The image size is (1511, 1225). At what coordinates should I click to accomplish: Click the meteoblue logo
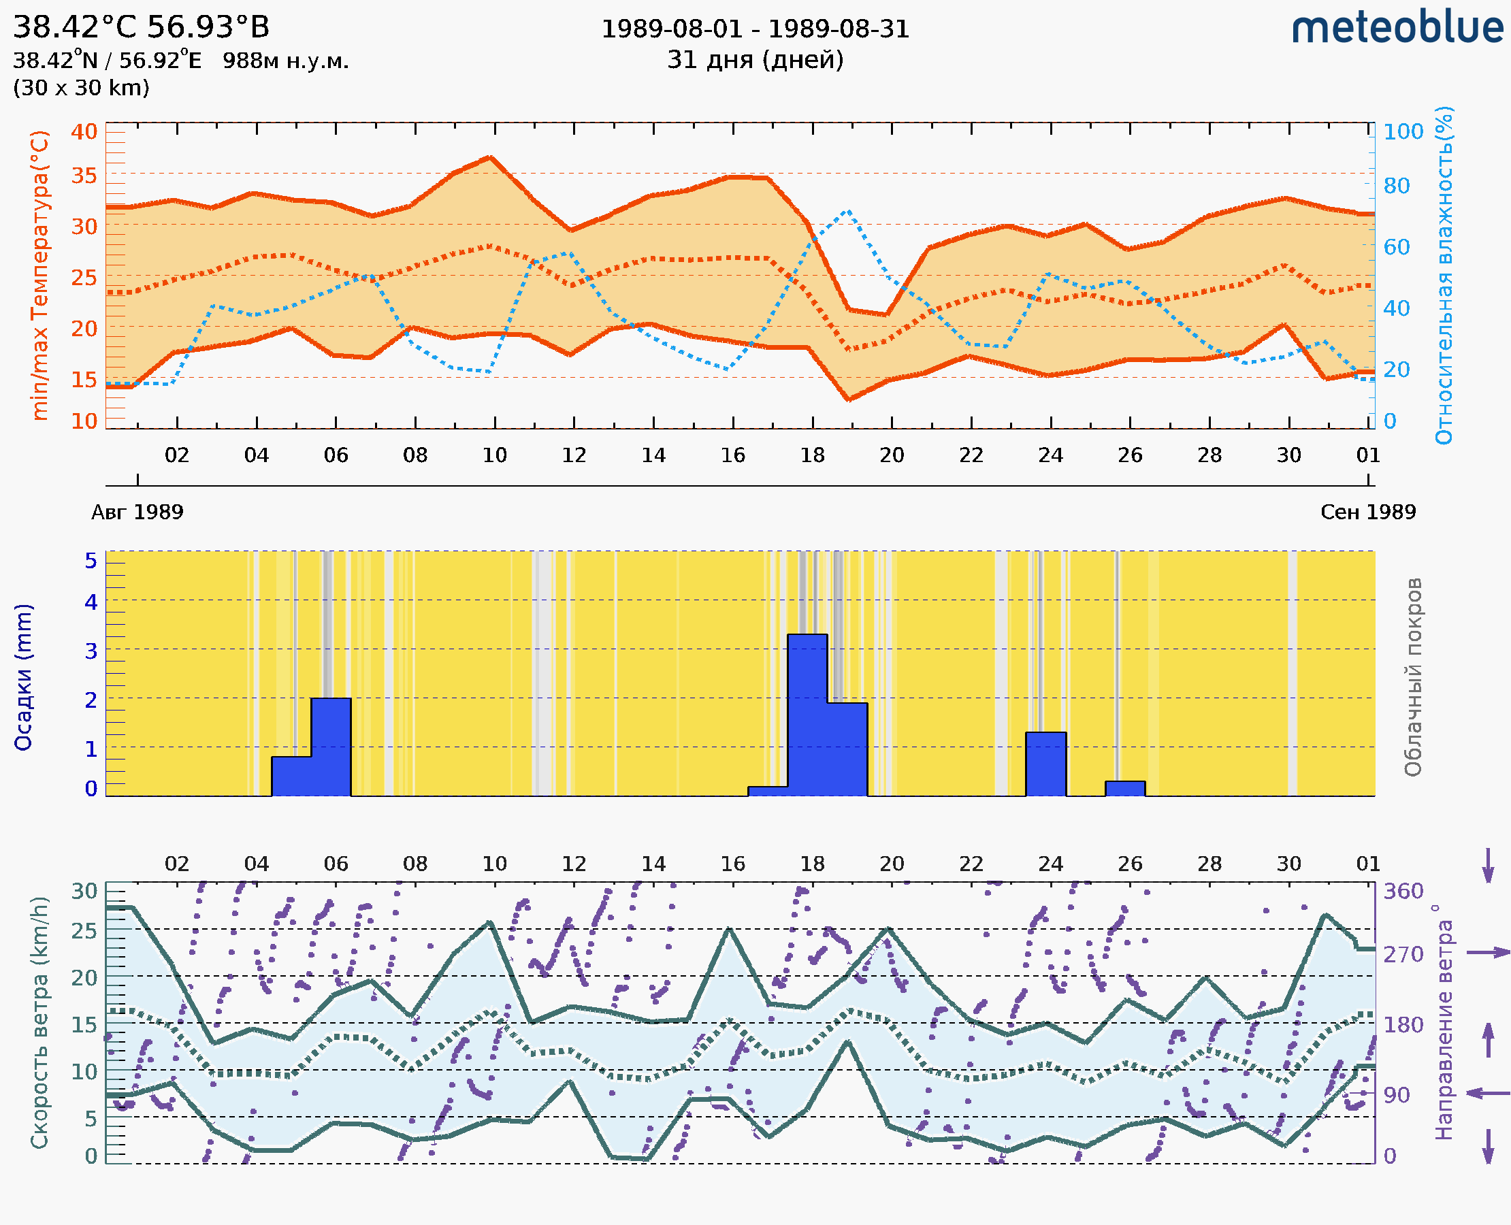click(x=1397, y=28)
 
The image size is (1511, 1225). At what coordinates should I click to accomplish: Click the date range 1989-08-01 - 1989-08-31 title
click(x=755, y=29)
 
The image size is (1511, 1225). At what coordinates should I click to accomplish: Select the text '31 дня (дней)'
click(x=755, y=60)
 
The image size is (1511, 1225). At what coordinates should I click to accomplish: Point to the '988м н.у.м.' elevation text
click(x=286, y=61)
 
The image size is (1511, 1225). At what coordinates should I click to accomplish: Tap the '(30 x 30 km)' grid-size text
click(x=81, y=88)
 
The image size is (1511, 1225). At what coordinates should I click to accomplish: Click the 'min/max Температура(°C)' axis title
click(x=40, y=275)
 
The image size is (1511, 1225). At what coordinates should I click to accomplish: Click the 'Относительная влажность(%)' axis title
click(x=1445, y=275)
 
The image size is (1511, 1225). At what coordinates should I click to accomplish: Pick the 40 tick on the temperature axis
click(x=84, y=132)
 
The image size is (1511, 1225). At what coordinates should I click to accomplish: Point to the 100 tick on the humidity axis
click(x=1403, y=132)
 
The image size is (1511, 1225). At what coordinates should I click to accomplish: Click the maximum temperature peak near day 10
click(x=491, y=157)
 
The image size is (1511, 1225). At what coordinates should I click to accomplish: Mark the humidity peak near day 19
click(x=848, y=210)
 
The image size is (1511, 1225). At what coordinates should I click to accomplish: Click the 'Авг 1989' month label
click(x=137, y=512)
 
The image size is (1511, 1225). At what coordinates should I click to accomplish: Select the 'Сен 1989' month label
click(x=1368, y=512)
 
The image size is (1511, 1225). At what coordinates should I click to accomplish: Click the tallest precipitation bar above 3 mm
click(x=807, y=713)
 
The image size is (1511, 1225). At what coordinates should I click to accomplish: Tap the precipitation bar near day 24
click(x=1045, y=764)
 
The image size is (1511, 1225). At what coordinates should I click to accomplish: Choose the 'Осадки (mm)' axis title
click(x=23, y=677)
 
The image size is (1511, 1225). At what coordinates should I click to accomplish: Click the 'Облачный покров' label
click(x=1413, y=677)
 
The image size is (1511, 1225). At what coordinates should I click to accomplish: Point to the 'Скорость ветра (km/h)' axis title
click(x=40, y=1023)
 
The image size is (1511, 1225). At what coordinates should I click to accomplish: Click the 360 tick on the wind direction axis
click(x=1403, y=892)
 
